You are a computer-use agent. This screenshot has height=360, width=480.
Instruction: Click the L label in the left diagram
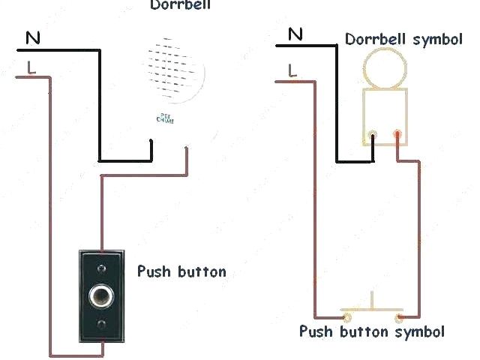click(30, 67)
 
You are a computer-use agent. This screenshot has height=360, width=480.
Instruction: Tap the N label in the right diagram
click(295, 34)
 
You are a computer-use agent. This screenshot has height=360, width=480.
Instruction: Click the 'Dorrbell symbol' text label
click(403, 39)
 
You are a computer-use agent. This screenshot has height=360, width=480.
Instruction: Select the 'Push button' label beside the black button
click(181, 271)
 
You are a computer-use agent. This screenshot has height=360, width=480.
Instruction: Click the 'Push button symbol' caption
click(372, 331)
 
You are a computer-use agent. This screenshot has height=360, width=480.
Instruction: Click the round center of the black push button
click(100, 295)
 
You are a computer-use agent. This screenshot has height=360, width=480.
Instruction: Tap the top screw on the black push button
click(100, 265)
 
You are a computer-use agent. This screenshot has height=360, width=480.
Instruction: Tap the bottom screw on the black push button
click(100, 324)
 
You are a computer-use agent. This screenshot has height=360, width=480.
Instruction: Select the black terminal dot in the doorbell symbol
click(373, 136)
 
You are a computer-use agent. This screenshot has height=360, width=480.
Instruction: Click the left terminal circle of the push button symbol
click(347, 316)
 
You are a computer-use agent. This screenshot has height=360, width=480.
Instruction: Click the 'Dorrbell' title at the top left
click(181, 5)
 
